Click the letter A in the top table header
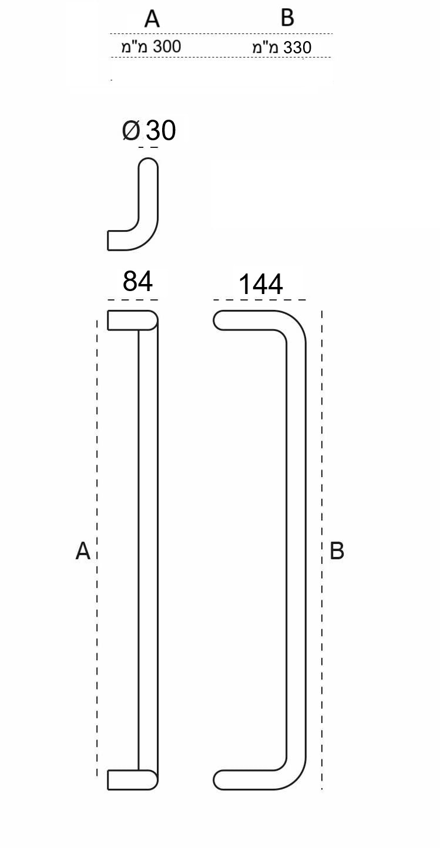coord(152,19)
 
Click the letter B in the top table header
coord(288,18)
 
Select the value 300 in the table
coord(167,46)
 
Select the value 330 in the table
coord(297,48)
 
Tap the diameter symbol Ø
coord(131,131)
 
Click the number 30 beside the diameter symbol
coord(161,131)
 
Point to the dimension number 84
coord(137,281)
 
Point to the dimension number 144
coord(261,284)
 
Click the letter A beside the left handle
coord(83,551)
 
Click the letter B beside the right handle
coord(337,551)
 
